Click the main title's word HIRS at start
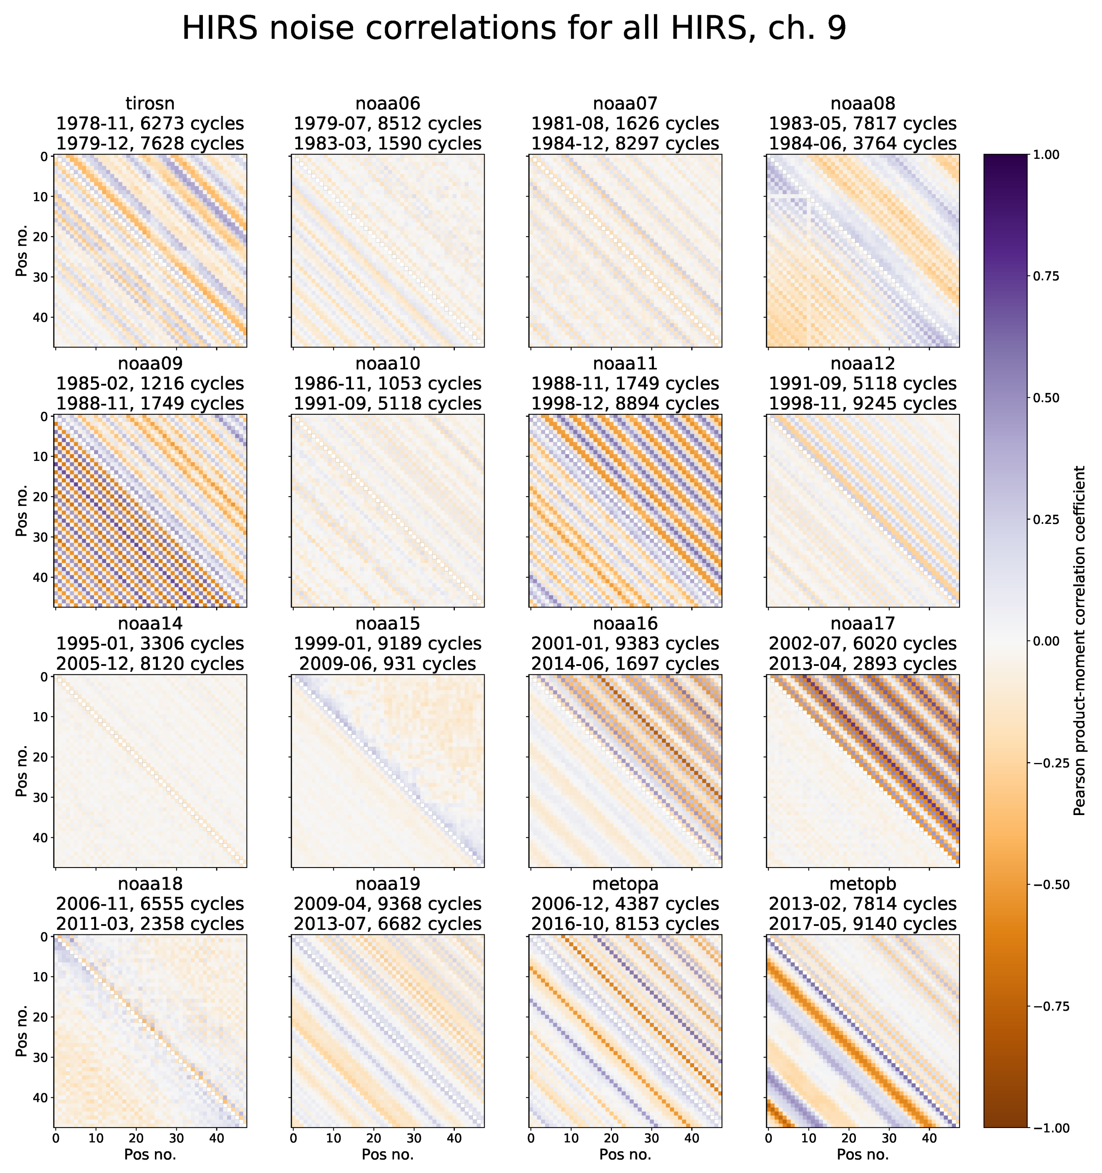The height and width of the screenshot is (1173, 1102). click(220, 28)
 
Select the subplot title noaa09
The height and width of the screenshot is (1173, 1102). click(150, 363)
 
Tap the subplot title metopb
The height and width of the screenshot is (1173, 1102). click(863, 884)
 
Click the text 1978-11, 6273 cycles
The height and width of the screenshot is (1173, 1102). click(150, 124)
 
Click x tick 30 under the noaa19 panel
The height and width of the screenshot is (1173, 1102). click(414, 1138)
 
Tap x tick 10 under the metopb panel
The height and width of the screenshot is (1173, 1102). click(808, 1138)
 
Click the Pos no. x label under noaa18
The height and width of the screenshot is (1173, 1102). click(150, 1155)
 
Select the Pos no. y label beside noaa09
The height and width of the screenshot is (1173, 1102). click(22, 511)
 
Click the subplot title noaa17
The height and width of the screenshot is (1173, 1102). click(863, 623)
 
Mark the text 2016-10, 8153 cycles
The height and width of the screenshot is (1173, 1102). click(625, 924)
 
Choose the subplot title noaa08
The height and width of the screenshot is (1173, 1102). click(863, 104)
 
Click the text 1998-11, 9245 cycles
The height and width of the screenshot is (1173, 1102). click(863, 404)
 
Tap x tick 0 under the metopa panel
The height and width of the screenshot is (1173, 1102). click(531, 1138)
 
